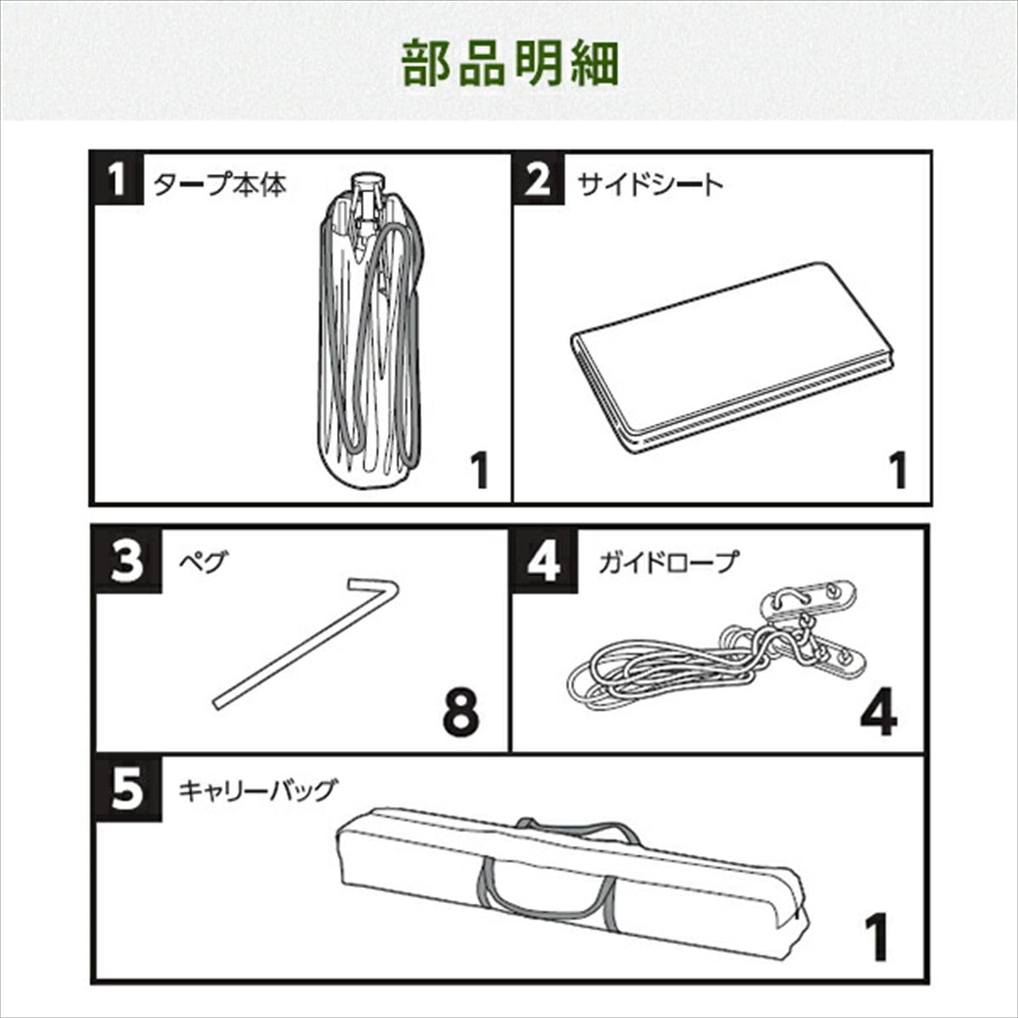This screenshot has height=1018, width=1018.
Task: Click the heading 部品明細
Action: click(510, 64)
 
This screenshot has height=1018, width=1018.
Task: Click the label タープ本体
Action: click(219, 185)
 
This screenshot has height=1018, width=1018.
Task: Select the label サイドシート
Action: click(649, 185)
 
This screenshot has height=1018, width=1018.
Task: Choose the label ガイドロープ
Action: click(667, 563)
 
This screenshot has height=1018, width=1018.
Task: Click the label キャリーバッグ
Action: click(257, 791)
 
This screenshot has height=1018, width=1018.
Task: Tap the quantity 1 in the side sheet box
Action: click(898, 470)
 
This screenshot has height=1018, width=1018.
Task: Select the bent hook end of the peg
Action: click(373, 587)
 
